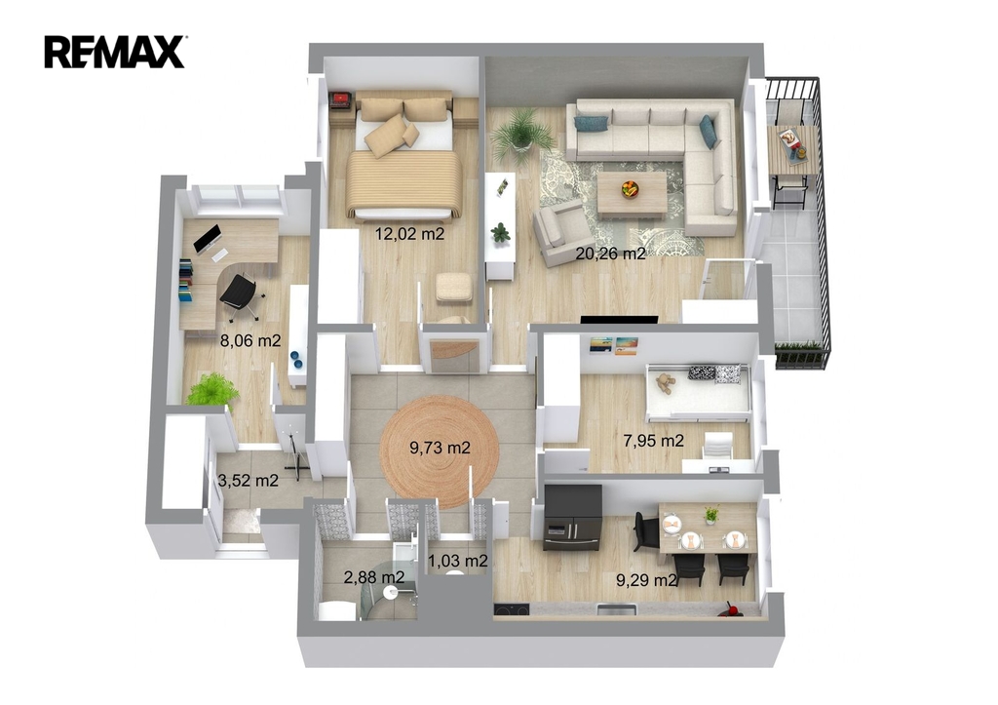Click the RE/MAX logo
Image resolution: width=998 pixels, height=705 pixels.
[x=115, y=52]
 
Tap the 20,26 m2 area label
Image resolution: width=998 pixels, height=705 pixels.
[x=610, y=254]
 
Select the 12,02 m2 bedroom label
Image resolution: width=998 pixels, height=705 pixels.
[x=409, y=234]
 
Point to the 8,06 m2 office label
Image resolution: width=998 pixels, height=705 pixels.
[x=250, y=340]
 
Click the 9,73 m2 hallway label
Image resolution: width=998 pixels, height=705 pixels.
[x=440, y=448]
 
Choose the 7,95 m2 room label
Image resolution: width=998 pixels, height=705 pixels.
[x=654, y=440]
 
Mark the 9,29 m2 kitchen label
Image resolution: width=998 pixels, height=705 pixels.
[x=646, y=579]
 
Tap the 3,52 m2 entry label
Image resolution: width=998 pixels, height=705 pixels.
[x=249, y=480]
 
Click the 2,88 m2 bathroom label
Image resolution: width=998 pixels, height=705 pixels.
[x=374, y=577]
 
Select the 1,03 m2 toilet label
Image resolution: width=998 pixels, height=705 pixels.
[x=458, y=561]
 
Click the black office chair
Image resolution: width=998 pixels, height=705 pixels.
[x=241, y=295]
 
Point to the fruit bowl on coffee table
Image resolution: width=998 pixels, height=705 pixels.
[x=631, y=189]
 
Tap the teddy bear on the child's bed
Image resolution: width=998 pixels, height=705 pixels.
[x=665, y=383]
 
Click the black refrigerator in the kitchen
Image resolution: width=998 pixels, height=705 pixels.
[x=573, y=517]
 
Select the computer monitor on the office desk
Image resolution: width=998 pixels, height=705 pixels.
[x=207, y=239]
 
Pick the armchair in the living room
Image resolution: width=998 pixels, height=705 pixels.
[x=562, y=233]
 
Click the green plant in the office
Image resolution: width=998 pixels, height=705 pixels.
[x=211, y=389]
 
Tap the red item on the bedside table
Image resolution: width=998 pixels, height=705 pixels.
[x=341, y=98]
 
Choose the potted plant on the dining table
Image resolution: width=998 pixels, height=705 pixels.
[x=711, y=515]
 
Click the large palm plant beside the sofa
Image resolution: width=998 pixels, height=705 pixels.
[x=522, y=134]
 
